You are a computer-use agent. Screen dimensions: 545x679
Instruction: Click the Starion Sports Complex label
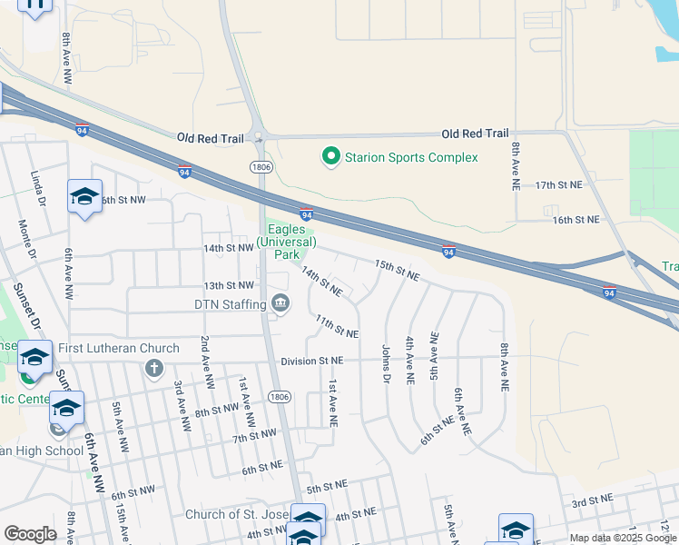pyautogui.click(x=410, y=157)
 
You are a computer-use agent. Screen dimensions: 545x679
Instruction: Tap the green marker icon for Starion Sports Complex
pyautogui.click(x=331, y=157)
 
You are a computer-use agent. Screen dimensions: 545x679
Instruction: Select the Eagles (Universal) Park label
pyautogui.click(x=286, y=243)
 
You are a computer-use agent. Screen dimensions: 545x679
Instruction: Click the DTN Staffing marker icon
pyautogui.click(x=280, y=303)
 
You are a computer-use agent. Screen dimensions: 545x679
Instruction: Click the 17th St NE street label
pyautogui.click(x=558, y=184)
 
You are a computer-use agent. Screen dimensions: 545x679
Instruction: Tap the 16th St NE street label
pyautogui.click(x=576, y=220)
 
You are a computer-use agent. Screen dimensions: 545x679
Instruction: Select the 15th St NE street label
pyautogui.click(x=398, y=269)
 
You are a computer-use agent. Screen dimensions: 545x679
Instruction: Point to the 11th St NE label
pyautogui.click(x=337, y=328)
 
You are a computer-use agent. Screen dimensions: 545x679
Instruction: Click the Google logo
pyautogui.click(x=30, y=533)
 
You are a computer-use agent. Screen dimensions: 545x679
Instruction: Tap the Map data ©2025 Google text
pyautogui.click(x=623, y=538)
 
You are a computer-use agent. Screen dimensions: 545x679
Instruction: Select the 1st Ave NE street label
pyautogui.click(x=333, y=403)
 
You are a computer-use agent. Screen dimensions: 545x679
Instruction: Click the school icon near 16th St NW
pyautogui.click(x=85, y=196)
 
